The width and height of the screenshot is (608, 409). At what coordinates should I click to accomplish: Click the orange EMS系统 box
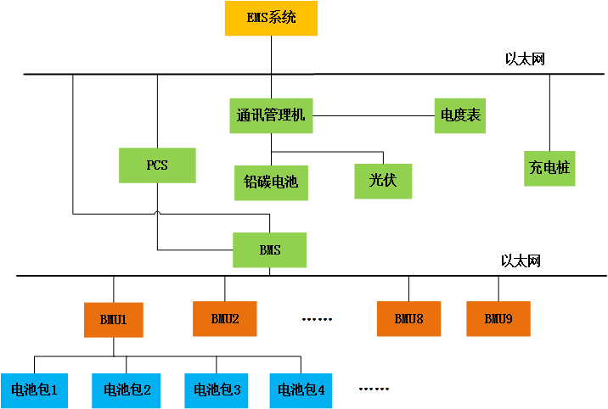[271, 18]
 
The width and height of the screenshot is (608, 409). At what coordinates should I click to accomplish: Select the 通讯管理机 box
[272, 115]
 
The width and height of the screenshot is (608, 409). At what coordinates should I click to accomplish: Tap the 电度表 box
[461, 115]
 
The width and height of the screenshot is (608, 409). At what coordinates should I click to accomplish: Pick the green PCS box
[157, 165]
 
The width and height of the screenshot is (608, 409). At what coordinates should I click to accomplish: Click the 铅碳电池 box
[271, 182]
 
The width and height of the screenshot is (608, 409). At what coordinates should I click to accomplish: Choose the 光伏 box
[383, 181]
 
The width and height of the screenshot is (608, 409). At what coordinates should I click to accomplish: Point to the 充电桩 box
[549, 169]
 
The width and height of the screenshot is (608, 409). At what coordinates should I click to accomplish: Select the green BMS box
[270, 250]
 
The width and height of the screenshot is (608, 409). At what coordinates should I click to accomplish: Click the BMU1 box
[113, 320]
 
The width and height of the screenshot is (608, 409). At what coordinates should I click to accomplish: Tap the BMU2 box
[225, 319]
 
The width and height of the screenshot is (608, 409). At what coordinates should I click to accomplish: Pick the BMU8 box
[408, 319]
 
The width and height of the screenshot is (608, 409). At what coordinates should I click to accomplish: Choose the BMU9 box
[498, 319]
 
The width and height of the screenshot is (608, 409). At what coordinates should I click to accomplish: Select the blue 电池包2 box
[127, 390]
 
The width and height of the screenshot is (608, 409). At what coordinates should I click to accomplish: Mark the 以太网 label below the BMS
[521, 261]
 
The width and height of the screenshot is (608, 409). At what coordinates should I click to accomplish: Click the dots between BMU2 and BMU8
[317, 320]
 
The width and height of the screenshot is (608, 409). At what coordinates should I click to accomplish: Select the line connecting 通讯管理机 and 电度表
[374, 115]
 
